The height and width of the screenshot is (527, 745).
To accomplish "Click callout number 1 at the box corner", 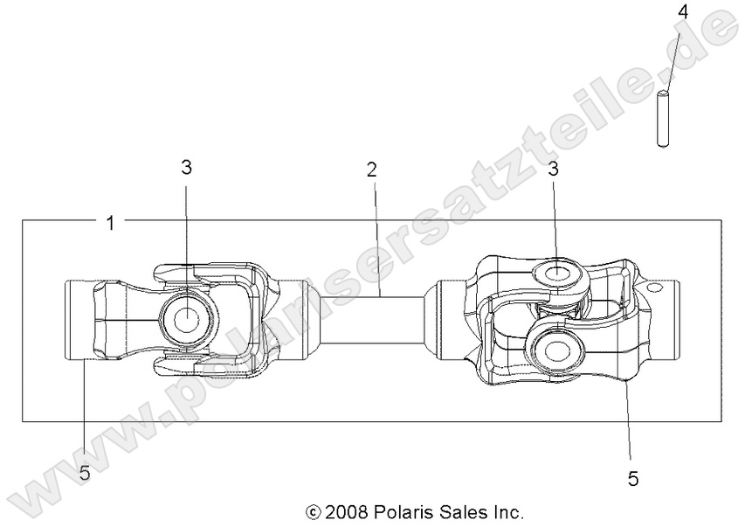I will [x=110, y=223].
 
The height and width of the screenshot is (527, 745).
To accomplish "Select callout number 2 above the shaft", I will [x=372, y=170].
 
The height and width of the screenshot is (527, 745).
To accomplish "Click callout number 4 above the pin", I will [x=683, y=12].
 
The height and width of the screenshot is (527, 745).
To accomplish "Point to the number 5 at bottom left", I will [x=85, y=474].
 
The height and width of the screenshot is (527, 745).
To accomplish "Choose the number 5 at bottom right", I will [x=633, y=478].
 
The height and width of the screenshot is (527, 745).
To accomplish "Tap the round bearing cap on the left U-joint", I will [x=186, y=320].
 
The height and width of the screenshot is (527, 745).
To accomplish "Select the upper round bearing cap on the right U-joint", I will [x=557, y=274].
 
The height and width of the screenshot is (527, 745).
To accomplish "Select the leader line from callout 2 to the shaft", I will [x=376, y=236].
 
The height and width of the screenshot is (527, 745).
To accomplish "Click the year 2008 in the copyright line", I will [x=348, y=510].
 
